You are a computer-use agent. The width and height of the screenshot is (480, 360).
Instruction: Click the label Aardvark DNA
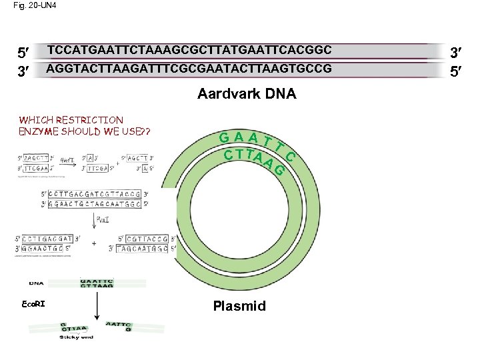[247, 94]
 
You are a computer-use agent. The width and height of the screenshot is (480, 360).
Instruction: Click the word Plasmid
[239, 306]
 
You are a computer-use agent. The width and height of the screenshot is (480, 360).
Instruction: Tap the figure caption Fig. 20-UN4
[31, 6]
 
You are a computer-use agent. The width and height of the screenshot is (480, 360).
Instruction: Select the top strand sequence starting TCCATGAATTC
[189, 49]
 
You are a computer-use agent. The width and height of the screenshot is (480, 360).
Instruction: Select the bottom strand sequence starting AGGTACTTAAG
[189, 69]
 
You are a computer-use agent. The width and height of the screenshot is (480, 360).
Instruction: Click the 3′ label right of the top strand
[458, 51]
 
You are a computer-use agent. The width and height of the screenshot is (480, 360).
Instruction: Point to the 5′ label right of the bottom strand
[458, 70]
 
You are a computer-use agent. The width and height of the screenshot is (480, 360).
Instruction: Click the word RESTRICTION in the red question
[89, 120]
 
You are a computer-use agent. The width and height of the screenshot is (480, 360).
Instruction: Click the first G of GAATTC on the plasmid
[225, 138]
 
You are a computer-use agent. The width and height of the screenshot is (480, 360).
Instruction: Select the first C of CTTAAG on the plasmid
[229, 155]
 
